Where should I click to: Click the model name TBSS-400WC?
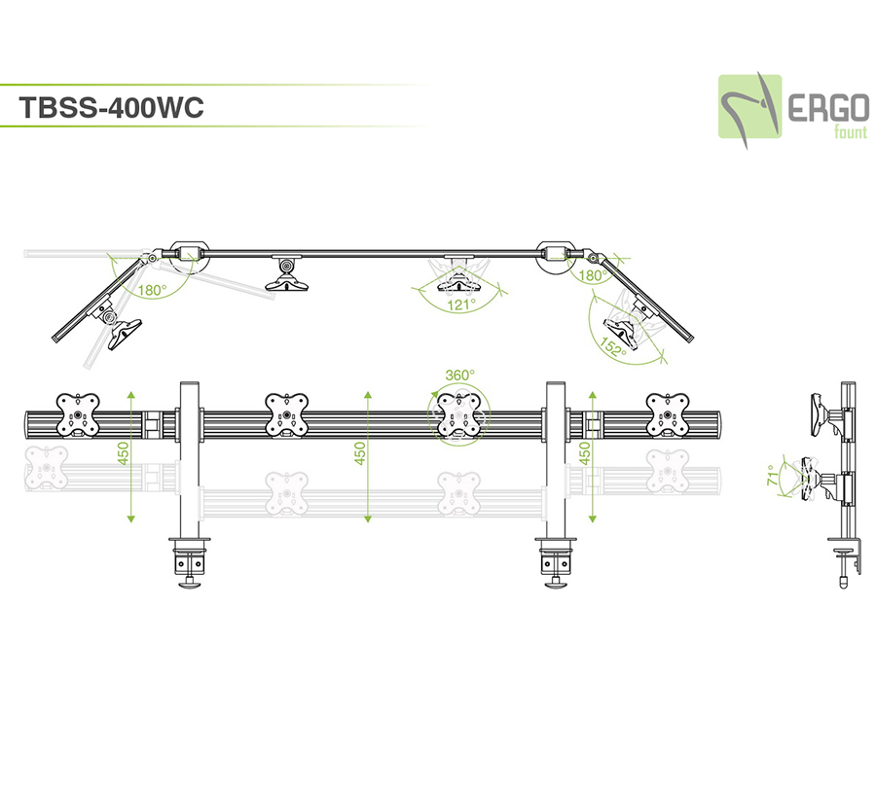tap(110, 107)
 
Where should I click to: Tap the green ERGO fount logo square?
tap(750, 106)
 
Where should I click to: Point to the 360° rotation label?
tap(459, 374)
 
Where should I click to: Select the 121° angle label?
tap(460, 304)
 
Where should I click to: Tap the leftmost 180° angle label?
tap(152, 290)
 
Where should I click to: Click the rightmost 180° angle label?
tap(593, 275)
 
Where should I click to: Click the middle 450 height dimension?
tap(360, 455)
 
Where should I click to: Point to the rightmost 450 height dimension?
tap(584, 455)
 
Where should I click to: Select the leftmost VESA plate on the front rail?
tap(77, 414)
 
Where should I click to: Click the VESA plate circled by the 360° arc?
tap(458, 415)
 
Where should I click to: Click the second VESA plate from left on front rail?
tap(286, 414)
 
